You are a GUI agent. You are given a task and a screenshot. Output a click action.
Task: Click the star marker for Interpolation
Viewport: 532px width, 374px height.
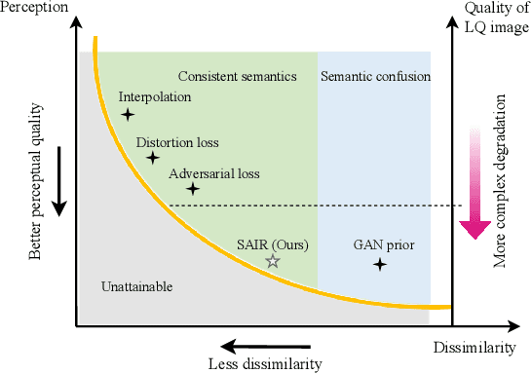[x=128, y=115]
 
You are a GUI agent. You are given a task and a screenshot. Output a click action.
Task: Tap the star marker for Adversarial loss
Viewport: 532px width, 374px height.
[x=193, y=189]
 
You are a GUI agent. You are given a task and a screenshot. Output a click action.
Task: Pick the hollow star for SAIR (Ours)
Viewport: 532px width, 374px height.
[x=273, y=261]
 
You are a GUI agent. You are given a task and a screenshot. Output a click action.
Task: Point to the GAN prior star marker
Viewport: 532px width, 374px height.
[x=379, y=263]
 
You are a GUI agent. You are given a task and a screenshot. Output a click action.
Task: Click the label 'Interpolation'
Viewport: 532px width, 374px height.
[x=155, y=97]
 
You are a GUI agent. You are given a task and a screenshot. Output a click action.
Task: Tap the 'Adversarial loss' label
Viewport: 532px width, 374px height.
[x=214, y=173]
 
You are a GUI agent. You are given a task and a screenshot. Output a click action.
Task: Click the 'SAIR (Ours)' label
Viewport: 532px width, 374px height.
[x=273, y=244]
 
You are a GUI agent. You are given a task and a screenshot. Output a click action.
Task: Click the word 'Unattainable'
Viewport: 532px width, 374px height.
[x=136, y=286]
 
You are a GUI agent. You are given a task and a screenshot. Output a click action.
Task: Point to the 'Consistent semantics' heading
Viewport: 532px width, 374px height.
[x=238, y=76]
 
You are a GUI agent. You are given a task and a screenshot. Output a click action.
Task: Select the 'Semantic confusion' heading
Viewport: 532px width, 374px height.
[x=375, y=76]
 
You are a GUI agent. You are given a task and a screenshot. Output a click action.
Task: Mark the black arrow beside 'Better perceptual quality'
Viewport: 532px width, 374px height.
[x=58, y=180]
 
